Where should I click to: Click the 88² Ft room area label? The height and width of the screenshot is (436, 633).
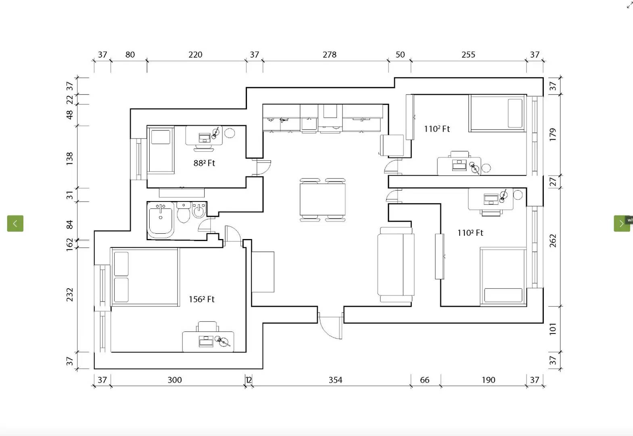204,163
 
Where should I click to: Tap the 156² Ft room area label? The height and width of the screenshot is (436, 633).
201,299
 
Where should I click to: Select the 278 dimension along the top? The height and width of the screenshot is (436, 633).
329,55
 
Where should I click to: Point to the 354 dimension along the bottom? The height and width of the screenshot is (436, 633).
335,380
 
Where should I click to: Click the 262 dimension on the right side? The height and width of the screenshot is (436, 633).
553,241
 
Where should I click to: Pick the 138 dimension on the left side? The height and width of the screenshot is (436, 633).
70,158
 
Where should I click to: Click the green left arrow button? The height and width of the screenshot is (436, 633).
15,223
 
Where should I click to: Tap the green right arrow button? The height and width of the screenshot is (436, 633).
621,223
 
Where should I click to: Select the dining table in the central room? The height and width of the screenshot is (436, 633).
322,200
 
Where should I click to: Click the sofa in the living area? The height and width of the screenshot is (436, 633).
396,265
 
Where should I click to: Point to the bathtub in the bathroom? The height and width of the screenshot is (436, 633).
161,220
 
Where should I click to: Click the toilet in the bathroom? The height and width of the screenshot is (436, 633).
184,212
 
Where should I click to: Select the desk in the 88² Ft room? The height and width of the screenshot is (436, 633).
204,135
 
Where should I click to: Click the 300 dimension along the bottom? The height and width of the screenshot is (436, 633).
174,380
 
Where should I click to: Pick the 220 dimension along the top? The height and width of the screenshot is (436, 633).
195,55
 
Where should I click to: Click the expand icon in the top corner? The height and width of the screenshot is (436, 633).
629,5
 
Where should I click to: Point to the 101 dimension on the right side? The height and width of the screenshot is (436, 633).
553,329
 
